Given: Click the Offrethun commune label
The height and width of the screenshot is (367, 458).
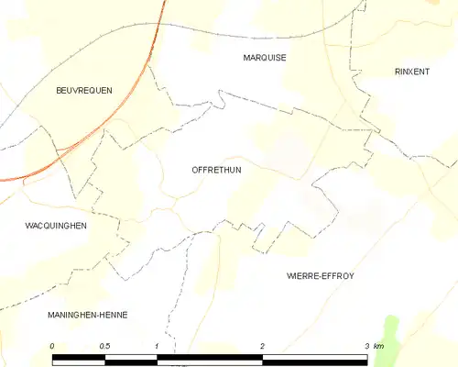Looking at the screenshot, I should click(x=217, y=170).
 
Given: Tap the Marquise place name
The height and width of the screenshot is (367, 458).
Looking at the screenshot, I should click(x=265, y=58).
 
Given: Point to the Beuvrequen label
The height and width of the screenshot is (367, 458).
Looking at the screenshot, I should click(x=83, y=90).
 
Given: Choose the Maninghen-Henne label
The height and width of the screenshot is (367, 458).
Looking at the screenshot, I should click(x=88, y=315).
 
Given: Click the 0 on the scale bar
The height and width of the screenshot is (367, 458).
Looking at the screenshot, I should click(x=53, y=346).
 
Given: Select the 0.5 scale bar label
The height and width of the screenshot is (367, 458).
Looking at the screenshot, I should click(x=105, y=346).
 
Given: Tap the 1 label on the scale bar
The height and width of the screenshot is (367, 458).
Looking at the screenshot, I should click(x=158, y=346).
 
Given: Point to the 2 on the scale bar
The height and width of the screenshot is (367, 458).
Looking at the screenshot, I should click(x=263, y=346).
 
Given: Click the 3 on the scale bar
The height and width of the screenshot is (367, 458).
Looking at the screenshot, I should click(x=367, y=346).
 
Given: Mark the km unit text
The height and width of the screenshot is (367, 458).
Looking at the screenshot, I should click(x=379, y=346).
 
